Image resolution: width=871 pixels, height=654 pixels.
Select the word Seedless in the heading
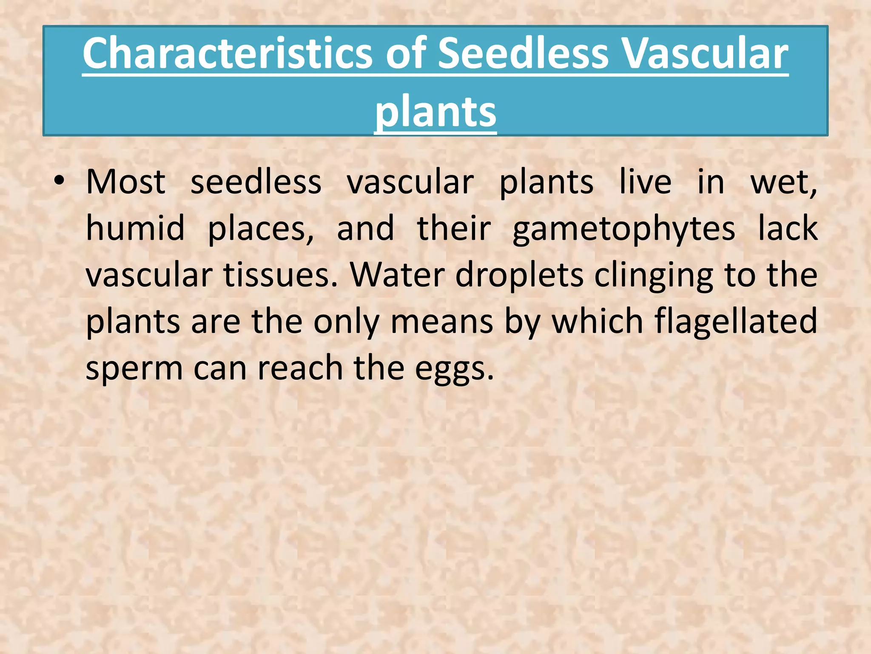[x=523, y=54]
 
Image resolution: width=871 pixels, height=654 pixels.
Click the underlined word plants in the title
[x=435, y=112]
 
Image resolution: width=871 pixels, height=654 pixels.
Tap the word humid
[x=135, y=229]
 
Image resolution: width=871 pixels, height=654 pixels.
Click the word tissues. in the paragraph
[x=281, y=275]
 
